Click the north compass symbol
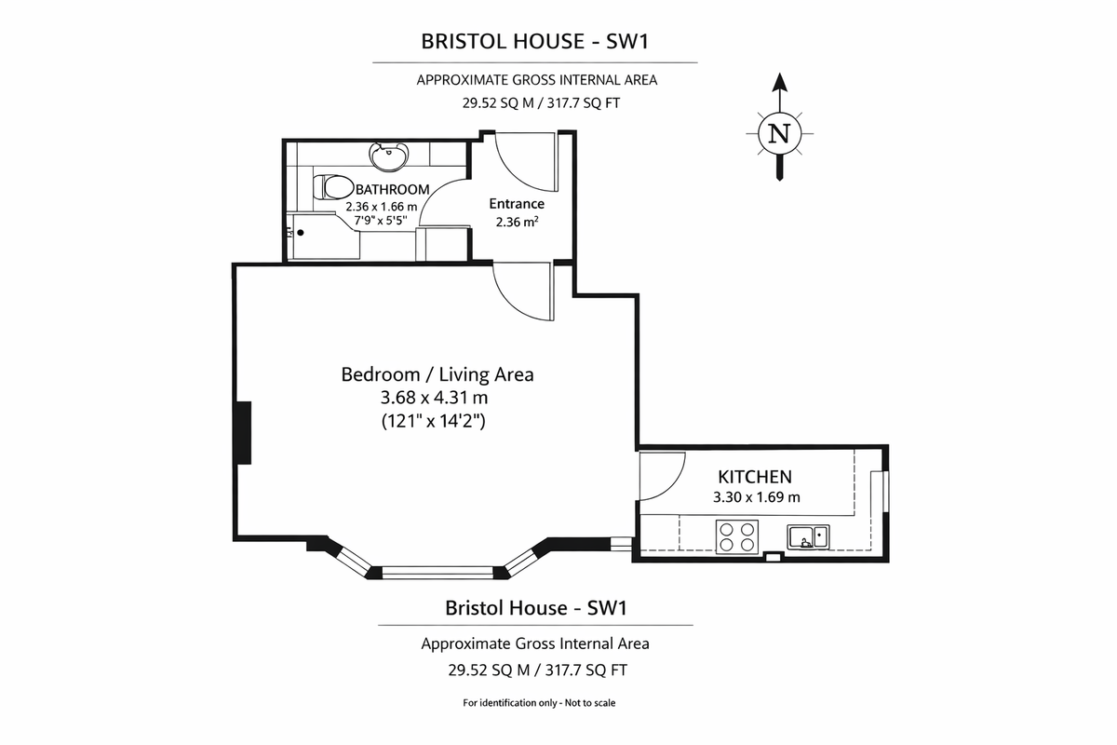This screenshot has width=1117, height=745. (x=780, y=133)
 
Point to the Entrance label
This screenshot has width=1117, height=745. (x=516, y=204)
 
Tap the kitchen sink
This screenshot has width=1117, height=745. (x=808, y=536)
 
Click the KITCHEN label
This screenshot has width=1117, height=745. (x=755, y=477)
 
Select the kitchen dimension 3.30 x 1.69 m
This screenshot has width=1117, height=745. (x=756, y=497)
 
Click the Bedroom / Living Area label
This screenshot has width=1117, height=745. (x=437, y=374)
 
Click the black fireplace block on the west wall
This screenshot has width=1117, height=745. (x=243, y=432)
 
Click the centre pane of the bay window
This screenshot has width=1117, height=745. (x=437, y=570)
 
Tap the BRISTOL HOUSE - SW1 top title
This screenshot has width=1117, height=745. (x=534, y=41)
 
